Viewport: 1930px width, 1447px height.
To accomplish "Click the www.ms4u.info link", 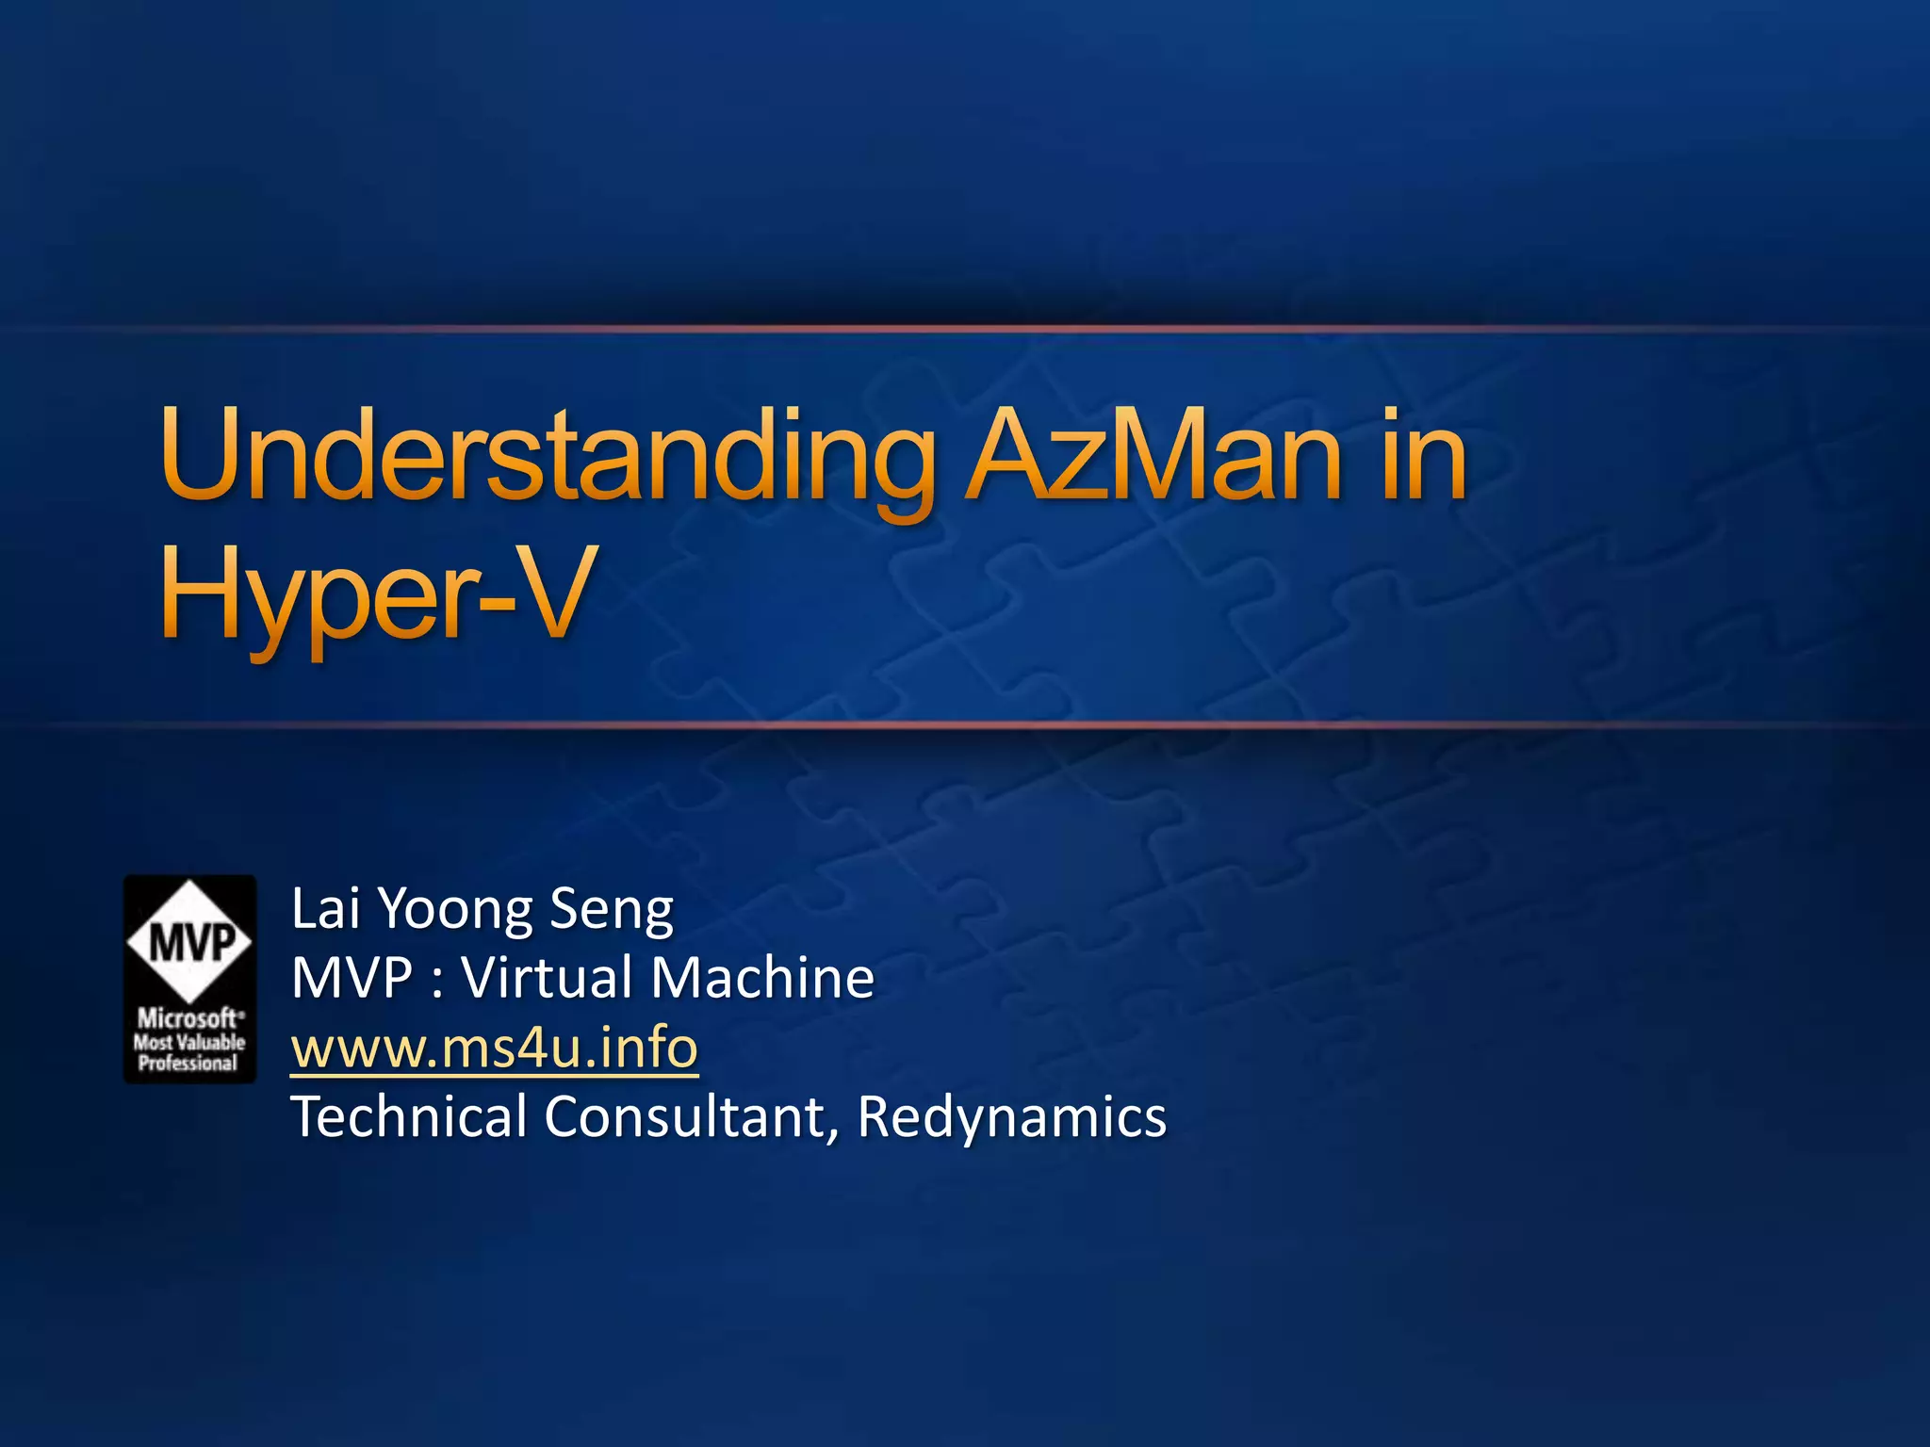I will click(x=495, y=1048).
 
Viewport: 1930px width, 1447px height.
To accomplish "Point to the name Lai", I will click(x=325, y=909).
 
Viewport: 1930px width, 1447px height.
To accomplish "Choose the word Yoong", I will click(x=456, y=909).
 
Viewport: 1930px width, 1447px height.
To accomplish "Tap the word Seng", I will click(x=612, y=909).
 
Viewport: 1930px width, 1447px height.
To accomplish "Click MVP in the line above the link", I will click(x=352, y=978).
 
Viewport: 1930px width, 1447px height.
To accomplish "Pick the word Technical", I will click(x=409, y=1117).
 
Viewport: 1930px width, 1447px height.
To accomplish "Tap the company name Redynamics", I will click(x=1012, y=1117).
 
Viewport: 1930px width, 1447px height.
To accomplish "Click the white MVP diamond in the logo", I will click(x=189, y=940).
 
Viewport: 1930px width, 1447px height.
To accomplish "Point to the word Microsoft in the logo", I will click(x=187, y=1018).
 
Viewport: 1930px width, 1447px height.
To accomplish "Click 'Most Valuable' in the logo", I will click(x=188, y=1042).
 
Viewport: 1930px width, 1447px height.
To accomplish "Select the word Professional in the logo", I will click(x=188, y=1064).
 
